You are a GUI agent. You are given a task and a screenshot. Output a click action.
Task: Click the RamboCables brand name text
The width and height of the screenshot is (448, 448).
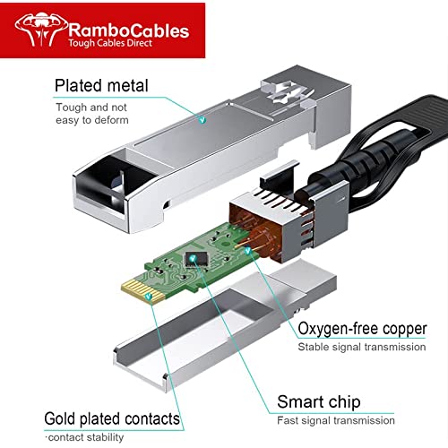[129, 30]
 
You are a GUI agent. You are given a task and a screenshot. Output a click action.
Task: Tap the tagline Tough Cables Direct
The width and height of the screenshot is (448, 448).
[110, 43]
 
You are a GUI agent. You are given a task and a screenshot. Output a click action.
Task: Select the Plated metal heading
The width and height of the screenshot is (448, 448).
[101, 86]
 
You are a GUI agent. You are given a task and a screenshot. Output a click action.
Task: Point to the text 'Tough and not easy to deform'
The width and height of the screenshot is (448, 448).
[92, 114]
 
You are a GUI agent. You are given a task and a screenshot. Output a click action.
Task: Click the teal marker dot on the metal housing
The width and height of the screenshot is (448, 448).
[202, 120]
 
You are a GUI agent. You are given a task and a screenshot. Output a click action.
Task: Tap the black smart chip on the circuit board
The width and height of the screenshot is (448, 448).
[196, 259]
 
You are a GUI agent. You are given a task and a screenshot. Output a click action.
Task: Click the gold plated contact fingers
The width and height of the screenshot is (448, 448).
[142, 291]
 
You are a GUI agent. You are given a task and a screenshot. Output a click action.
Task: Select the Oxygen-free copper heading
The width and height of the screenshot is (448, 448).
[362, 329]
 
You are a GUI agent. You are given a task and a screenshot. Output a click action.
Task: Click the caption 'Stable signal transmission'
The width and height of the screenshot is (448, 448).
[362, 347]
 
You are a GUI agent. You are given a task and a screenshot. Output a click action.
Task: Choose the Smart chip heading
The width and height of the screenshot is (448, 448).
[319, 401]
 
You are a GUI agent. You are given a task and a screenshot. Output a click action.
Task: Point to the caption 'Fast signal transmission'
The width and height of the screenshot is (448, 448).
[336, 420]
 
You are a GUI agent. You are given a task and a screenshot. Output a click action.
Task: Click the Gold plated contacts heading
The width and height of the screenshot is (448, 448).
[112, 418]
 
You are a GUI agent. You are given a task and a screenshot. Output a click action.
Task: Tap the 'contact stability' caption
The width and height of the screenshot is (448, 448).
[86, 437]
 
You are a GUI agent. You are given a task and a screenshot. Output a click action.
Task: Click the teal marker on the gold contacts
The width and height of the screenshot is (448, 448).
[149, 297]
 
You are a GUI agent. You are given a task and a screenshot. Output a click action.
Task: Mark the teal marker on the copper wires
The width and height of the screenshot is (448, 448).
[248, 251]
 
